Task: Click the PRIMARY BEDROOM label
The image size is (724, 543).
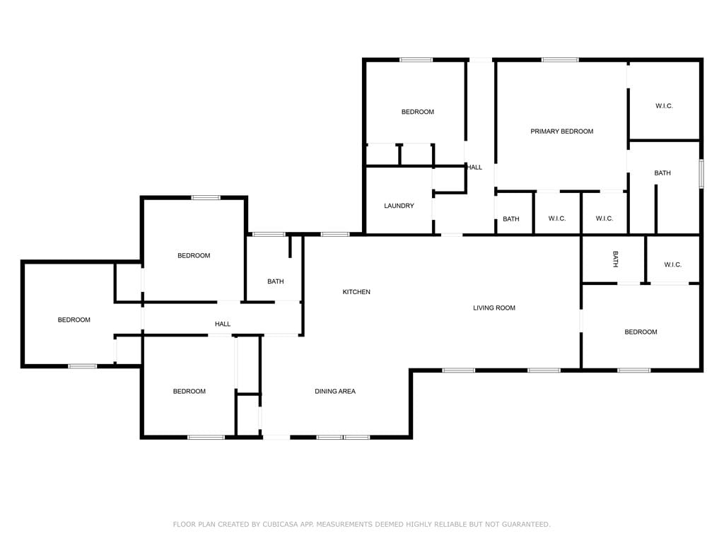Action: point(561,132)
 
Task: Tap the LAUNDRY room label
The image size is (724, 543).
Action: point(399,206)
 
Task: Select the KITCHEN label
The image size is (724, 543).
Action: point(356,292)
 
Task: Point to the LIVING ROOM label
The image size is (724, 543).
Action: point(494,308)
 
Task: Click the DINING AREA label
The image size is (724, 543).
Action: point(335,392)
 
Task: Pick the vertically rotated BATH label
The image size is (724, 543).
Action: point(615,259)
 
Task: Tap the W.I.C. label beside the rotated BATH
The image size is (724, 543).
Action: point(673,264)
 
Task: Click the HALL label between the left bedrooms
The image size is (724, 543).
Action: point(223,324)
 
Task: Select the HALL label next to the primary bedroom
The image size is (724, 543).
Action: point(474,168)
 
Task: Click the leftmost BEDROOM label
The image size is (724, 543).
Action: point(74,320)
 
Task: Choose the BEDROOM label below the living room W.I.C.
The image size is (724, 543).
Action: point(641,332)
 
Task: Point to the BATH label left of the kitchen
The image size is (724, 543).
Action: point(276,281)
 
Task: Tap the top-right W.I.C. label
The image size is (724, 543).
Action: point(664,106)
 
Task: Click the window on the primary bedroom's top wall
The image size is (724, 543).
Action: point(560,59)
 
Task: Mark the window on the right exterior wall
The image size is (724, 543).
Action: point(701,174)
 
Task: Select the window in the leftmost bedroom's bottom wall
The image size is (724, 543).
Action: point(83,366)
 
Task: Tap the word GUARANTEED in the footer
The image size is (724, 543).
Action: point(526,525)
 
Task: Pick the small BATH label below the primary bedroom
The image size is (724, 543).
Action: point(511,219)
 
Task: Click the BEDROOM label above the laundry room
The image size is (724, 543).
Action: point(418,112)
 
